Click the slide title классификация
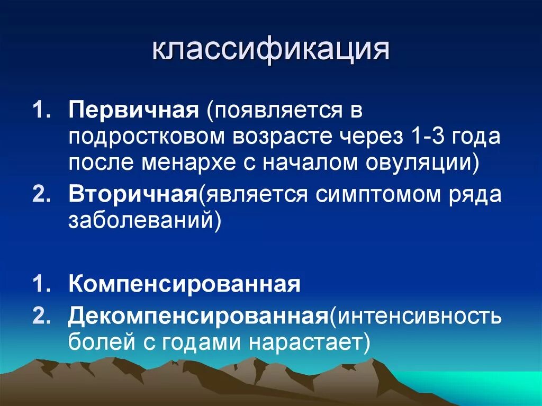tap(271, 51)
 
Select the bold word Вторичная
tap(132, 194)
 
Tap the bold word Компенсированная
tap(184, 284)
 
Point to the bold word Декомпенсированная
tap(196, 316)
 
